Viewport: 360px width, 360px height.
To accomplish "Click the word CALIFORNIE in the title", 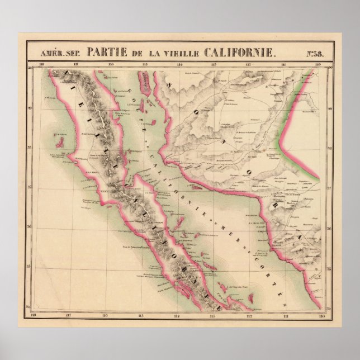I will pyautogui.click(x=241, y=53).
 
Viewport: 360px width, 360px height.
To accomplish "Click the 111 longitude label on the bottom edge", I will pyautogui.click(x=286, y=316).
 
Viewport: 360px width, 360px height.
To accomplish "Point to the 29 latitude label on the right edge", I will pyautogui.click(x=329, y=109).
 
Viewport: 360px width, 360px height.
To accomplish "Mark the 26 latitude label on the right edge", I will pyautogui.click(x=329, y=229).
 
